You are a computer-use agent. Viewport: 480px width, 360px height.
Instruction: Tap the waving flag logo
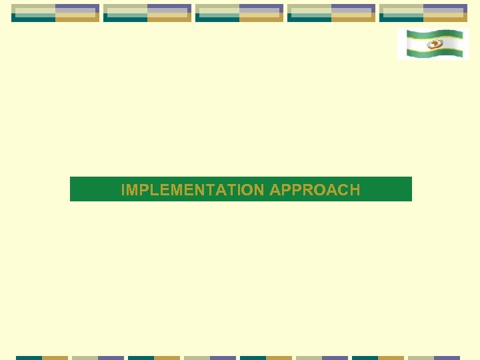coord(433,44)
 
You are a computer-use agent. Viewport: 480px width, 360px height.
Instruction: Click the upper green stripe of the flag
coord(433,33)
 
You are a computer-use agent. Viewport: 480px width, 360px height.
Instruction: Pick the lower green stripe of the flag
coord(433,55)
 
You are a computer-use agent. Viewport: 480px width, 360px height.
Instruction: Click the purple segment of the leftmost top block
coord(77,7)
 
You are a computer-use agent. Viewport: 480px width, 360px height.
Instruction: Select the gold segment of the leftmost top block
coord(77,19)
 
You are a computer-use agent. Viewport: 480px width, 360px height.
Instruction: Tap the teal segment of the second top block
coord(125,19)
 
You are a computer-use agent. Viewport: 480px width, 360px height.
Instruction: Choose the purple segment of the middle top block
coord(261,7)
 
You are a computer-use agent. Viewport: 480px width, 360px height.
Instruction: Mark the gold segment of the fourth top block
coord(353,19)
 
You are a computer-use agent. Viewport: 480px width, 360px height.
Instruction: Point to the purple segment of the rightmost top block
coord(445,7)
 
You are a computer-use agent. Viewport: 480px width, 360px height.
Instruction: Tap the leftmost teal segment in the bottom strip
coord(29,357)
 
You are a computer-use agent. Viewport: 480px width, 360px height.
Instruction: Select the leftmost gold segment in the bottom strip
coord(55,357)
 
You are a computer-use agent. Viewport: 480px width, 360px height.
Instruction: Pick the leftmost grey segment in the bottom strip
coord(85,357)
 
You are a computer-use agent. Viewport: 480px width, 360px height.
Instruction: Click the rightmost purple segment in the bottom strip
coord(447,357)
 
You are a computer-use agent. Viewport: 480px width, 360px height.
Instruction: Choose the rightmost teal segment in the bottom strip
coord(365,357)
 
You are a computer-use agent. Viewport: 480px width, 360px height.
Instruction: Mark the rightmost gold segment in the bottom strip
coord(391,357)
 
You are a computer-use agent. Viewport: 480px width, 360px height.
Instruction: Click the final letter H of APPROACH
coord(354,190)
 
